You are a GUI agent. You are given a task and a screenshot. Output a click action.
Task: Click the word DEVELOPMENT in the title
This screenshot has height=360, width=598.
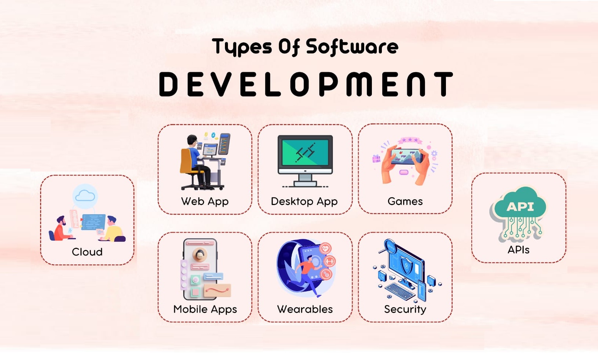coord(306,84)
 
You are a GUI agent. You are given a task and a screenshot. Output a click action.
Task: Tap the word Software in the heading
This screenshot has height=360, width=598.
coord(352,47)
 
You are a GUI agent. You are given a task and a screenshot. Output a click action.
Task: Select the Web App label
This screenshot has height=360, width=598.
coord(205,201)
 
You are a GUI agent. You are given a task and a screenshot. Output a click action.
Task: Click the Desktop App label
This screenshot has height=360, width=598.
coord(304,201)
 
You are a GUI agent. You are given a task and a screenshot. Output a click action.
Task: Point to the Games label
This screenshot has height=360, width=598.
coord(405,201)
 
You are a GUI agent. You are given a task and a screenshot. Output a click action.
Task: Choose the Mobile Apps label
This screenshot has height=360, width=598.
coord(205,309)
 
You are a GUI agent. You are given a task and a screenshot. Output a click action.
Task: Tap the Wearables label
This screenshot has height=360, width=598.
coord(305,309)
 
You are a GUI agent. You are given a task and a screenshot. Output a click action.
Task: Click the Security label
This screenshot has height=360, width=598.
coord(405,310)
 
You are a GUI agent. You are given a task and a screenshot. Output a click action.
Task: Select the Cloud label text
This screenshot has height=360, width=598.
coord(87,252)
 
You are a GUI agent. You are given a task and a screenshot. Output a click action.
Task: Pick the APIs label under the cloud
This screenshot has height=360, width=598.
coord(518,250)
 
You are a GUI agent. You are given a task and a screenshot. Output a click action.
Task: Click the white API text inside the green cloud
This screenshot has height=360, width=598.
coord(520,207)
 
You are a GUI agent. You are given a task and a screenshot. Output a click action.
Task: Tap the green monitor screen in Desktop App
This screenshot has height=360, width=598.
coord(305,153)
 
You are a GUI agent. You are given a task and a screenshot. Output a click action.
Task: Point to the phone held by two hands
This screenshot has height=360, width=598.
coord(406,156)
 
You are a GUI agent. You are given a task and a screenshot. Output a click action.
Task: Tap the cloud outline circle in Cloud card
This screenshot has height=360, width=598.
coord(85,196)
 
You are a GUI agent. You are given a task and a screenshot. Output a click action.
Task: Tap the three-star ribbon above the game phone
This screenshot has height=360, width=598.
coord(410,140)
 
